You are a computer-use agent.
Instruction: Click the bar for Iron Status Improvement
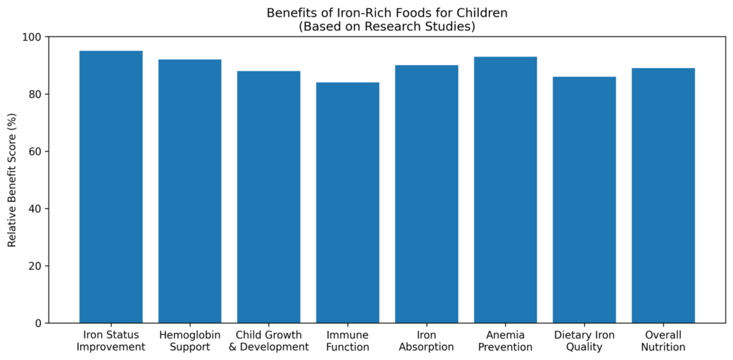coord(111,187)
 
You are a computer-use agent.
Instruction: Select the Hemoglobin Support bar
coord(190,191)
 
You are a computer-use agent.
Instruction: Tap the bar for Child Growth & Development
coord(269,197)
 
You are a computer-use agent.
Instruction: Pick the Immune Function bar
coord(348,203)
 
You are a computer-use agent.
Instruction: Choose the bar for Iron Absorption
coord(427,194)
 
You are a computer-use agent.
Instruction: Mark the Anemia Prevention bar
coord(505,190)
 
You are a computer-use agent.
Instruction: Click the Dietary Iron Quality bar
coord(584,200)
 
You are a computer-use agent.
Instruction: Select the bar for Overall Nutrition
coord(664,195)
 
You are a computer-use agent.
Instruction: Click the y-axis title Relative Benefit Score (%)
coord(11,180)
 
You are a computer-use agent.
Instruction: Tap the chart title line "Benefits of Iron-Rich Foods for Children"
coord(387,13)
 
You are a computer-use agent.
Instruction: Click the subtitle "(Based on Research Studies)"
coord(387,26)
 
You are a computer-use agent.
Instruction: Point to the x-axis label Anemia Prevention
coord(505,341)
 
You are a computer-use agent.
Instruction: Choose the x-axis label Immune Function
coord(348,341)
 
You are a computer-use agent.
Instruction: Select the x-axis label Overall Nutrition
coord(664,341)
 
